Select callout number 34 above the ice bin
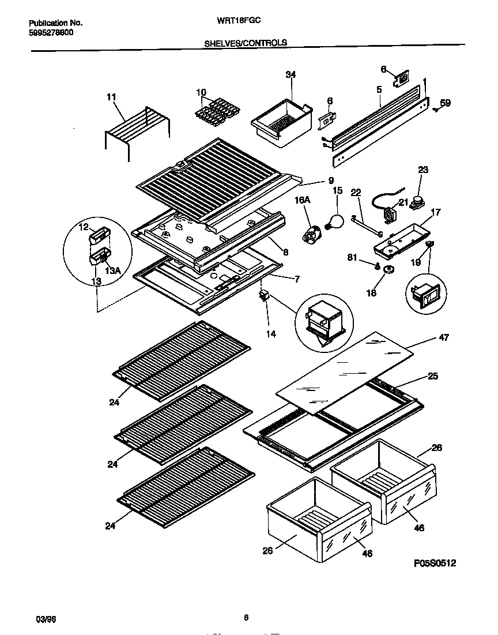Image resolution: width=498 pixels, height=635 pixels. [x=290, y=74]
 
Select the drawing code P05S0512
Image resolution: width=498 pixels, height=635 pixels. [x=434, y=563]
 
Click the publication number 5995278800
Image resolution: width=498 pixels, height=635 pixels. [x=51, y=33]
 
